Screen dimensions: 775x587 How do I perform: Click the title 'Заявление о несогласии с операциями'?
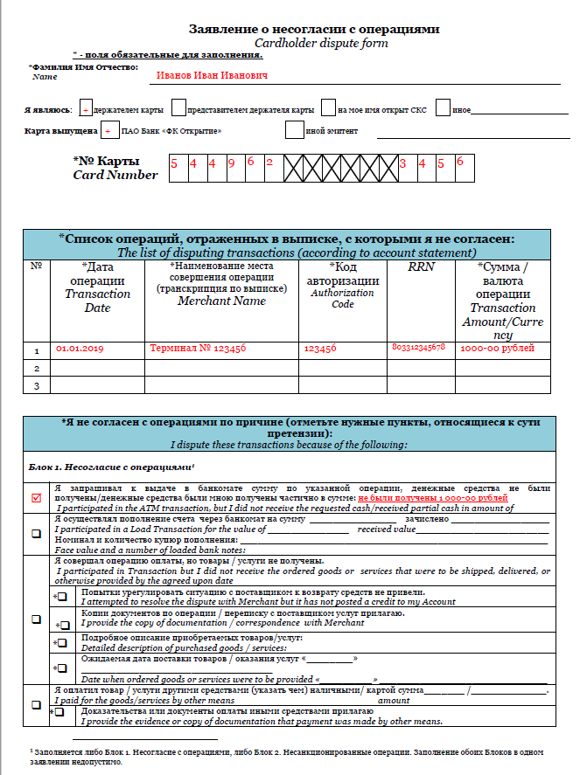click(x=314, y=29)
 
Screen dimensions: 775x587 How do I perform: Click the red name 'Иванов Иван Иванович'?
click(x=212, y=76)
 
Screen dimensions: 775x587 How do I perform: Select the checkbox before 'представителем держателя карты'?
click(x=178, y=109)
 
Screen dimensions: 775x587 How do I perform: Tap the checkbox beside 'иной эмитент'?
click(x=295, y=131)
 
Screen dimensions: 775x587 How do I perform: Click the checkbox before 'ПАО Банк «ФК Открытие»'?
click(x=108, y=131)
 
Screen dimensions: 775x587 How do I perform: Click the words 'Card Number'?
click(x=115, y=175)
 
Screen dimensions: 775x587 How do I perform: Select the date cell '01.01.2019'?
click(x=80, y=349)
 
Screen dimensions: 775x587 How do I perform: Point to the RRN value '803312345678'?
click(x=419, y=348)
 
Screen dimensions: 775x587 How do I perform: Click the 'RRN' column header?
click(x=421, y=267)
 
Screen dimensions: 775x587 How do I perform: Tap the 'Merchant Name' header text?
click(x=221, y=301)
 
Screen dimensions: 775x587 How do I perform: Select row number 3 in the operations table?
click(x=37, y=385)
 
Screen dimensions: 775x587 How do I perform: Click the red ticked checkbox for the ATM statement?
click(x=36, y=498)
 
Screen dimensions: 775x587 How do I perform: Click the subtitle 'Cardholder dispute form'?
click(x=321, y=43)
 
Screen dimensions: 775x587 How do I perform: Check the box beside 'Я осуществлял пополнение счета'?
click(x=36, y=535)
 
